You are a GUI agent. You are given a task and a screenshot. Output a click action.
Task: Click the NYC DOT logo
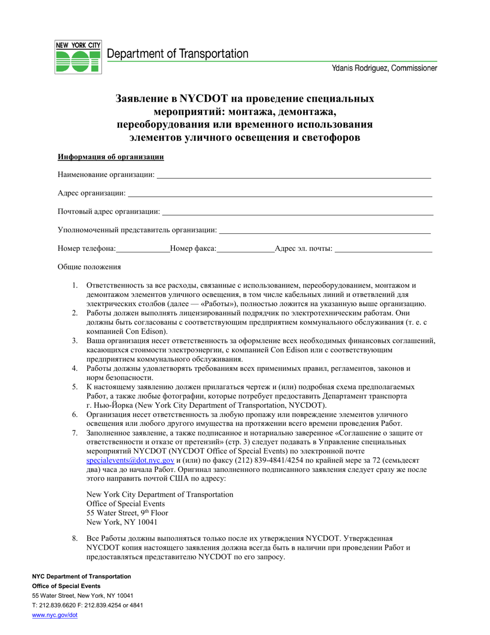78,57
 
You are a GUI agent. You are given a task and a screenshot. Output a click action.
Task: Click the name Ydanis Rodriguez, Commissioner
384,68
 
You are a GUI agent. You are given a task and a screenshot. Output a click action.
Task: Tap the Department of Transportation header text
177,54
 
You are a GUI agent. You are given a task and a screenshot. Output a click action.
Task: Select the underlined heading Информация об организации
110,157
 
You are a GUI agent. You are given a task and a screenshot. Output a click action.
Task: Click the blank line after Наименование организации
293,177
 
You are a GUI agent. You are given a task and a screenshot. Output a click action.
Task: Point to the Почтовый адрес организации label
109,212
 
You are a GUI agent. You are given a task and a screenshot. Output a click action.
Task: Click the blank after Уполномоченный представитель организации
325,232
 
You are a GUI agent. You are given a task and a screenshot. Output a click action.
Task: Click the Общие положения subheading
89,267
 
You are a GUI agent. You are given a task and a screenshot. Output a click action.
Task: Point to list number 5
75,387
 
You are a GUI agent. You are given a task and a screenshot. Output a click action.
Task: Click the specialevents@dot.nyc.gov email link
130,461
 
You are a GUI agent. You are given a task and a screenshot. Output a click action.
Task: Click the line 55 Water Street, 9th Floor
127,513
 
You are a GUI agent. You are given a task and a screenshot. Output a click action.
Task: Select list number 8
75,538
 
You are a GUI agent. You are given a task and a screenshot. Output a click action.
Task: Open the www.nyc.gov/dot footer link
55,615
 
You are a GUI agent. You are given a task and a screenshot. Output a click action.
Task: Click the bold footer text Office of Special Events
66,586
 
